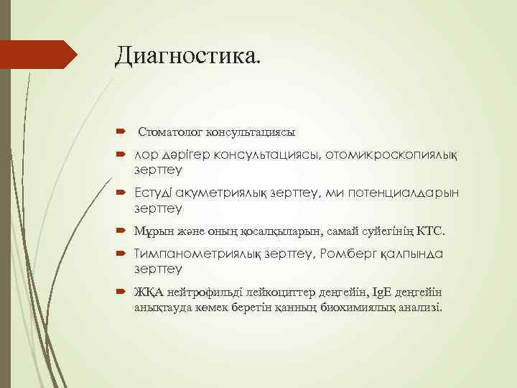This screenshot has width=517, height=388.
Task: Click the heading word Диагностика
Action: (188, 55)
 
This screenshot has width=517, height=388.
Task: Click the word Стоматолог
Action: (171, 132)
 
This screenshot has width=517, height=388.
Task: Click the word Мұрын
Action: (153, 231)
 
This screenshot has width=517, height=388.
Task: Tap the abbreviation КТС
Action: (432, 231)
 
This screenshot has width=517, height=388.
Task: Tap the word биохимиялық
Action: (367, 307)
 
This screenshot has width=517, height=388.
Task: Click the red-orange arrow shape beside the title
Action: (39, 54)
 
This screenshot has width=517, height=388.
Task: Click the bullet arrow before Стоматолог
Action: (119, 132)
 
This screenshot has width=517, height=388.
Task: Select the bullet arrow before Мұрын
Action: (119, 231)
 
